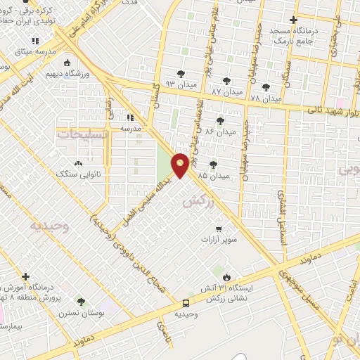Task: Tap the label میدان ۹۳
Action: click(x=179, y=84)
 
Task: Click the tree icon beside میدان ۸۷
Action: click(x=226, y=81)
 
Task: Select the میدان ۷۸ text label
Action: click(x=266, y=98)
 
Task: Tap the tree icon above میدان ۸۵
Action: click(x=213, y=165)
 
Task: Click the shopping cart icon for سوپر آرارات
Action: click(x=219, y=229)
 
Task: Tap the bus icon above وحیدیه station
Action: click(x=185, y=303)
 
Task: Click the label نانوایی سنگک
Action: click(x=79, y=173)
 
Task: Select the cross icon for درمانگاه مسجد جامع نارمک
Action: click(x=294, y=20)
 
